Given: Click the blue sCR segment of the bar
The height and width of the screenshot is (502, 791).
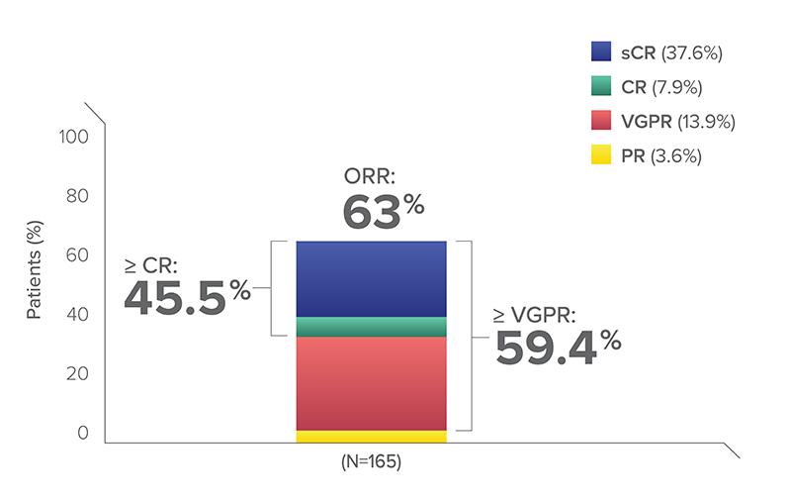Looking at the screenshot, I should click(x=371, y=278).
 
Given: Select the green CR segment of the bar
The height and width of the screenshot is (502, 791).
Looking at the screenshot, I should click(x=371, y=327).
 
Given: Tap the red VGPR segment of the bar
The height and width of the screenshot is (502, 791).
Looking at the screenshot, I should click(x=371, y=383).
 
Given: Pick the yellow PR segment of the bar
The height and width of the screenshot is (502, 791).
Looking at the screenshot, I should click(x=371, y=437).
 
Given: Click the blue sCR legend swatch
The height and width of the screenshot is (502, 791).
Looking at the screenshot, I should click(x=601, y=52).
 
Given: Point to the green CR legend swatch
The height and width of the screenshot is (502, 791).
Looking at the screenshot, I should click(x=601, y=87).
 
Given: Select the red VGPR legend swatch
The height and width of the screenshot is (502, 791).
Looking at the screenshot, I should click(x=601, y=121).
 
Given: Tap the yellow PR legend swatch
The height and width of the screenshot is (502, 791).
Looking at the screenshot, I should click(x=601, y=155).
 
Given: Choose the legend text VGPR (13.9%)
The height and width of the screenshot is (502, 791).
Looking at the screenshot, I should click(x=678, y=122).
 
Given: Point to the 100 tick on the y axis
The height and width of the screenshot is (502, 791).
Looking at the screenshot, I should click(x=75, y=136).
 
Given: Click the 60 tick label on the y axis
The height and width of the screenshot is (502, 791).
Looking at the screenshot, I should click(x=79, y=254).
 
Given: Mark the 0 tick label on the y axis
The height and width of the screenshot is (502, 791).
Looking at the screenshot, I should click(x=84, y=433).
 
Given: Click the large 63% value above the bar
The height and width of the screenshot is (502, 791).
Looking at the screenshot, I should click(x=384, y=211).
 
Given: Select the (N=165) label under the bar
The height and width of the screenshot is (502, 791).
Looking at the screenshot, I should click(x=372, y=462).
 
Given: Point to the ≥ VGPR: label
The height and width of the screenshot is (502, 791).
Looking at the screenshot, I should click(x=535, y=315).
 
